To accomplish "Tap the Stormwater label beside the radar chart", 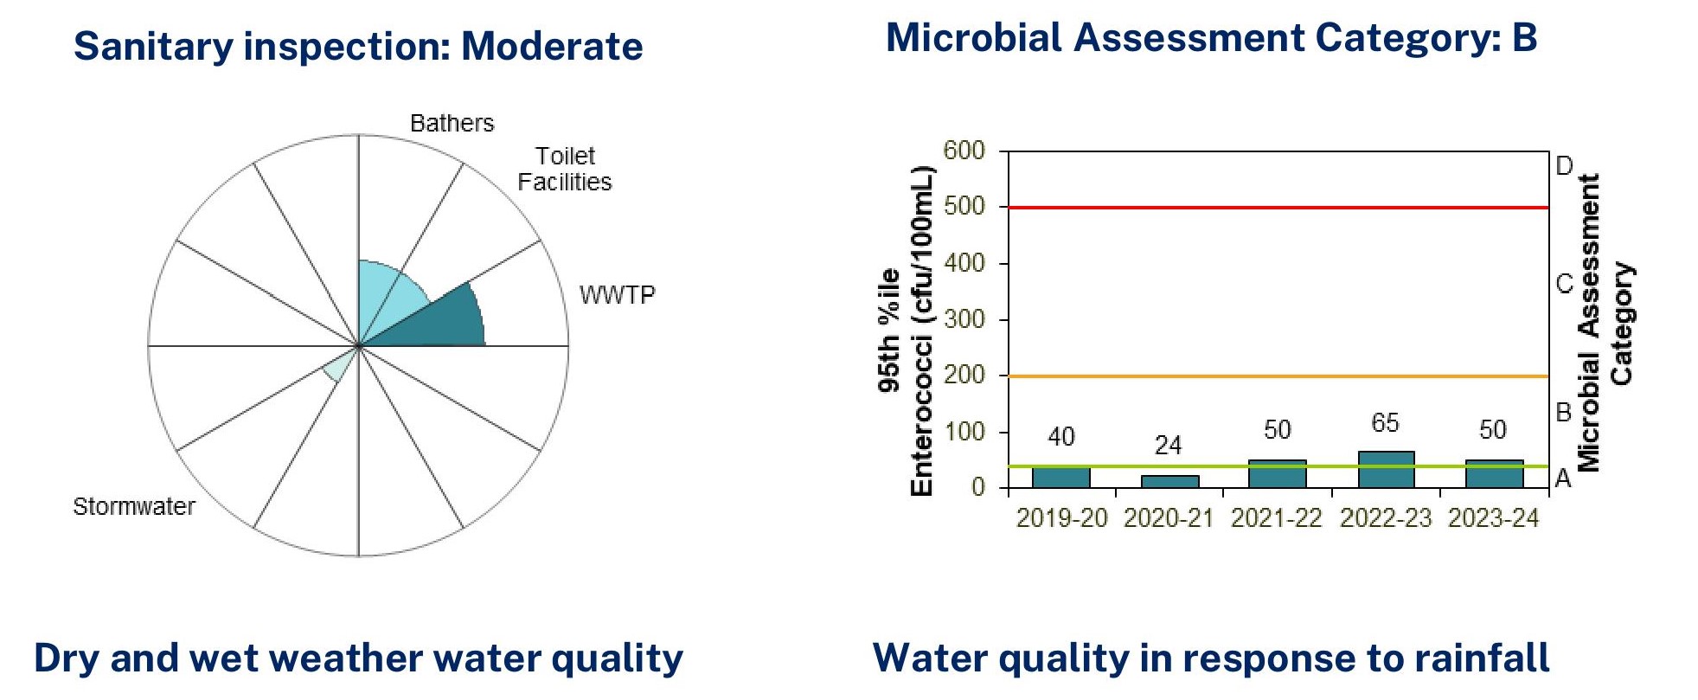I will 134,506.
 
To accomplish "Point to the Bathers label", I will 452,124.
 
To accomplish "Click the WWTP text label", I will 617,296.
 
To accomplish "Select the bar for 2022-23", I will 1386,470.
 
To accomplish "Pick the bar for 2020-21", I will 1169,481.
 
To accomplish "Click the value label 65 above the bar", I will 1385,423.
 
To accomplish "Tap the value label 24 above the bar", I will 1168,446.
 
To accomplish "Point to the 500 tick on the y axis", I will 964,207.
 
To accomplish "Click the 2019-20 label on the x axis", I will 1061,518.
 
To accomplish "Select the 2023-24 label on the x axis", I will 1494,518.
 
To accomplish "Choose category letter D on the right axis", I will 1564,166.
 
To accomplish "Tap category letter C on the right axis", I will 1564,284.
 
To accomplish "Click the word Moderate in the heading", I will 552,47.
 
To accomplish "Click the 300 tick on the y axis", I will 964,319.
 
